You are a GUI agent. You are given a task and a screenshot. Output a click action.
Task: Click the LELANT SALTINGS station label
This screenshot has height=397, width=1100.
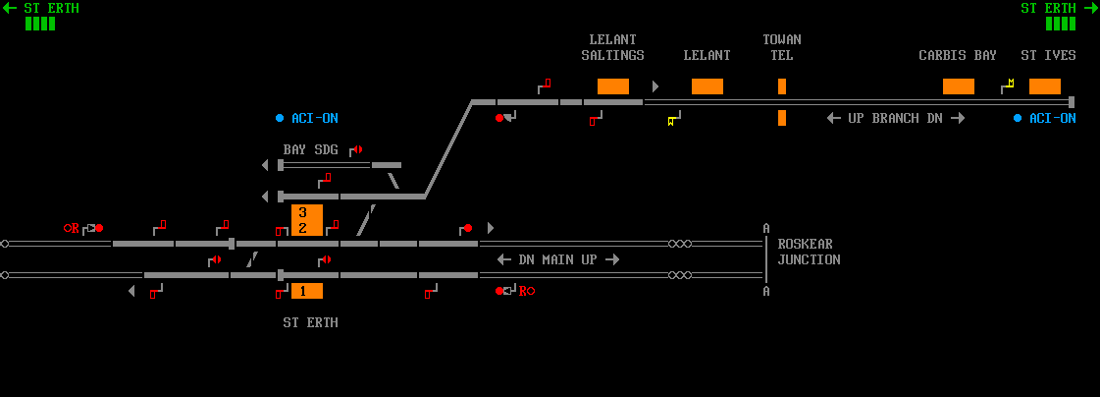[x=612, y=47]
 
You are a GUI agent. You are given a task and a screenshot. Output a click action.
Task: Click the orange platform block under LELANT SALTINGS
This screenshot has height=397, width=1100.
[x=613, y=86]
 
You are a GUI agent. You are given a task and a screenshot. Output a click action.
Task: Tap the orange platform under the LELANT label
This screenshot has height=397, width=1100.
[x=707, y=86]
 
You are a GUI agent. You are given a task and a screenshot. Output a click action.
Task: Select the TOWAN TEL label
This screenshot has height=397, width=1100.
[x=782, y=47]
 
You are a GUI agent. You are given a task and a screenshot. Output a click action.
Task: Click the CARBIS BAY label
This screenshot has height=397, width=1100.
[x=958, y=55]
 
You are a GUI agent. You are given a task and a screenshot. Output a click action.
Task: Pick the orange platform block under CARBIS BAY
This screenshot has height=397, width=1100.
[x=959, y=86]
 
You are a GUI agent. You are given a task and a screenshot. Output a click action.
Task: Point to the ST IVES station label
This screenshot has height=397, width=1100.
[x=1048, y=55]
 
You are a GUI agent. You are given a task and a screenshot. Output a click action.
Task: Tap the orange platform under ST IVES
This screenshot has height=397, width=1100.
[x=1045, y=86]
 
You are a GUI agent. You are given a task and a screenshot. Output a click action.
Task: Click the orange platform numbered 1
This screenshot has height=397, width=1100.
[x=307, y=291]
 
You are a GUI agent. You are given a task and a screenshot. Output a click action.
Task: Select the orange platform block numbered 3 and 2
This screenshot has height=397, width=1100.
[x=307, y=220]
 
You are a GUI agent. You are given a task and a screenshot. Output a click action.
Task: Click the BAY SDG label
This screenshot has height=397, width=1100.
[x=310, y=149]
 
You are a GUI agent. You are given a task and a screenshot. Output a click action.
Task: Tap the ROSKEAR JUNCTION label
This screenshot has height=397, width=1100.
[x=809, y=252]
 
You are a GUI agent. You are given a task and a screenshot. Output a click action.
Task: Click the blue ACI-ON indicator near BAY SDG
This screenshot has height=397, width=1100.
[x=307, y=118]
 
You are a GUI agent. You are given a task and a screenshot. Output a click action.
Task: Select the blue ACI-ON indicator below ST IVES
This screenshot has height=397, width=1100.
[x=1045, y=118]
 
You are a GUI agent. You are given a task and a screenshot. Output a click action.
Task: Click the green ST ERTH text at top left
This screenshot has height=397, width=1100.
[x=43, y=8]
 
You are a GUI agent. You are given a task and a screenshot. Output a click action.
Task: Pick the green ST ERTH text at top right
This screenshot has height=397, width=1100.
[x=1056, y=8]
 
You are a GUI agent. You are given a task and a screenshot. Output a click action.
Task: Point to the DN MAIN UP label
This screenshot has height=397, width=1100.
[x=558, y=259]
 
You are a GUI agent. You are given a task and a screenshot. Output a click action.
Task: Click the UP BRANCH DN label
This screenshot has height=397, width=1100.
[x=896, y=118]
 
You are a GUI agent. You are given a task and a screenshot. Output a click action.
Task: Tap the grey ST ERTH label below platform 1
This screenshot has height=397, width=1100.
[x=310, y=322]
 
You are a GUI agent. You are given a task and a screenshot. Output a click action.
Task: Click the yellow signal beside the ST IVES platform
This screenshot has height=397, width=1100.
[x=1008, y=86]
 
